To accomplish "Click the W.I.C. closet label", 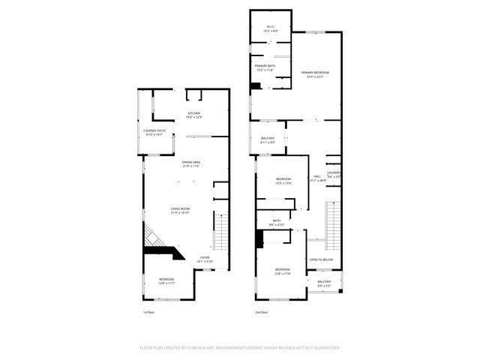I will pyautogui.click(x=271, y=28).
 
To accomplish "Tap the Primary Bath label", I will pyautogui.click(x=264, y=67).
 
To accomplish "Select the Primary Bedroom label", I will pyautogui.click(x=315, y=73).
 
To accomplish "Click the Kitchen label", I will pyautogui.click(x=195, y=115).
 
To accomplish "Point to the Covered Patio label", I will pyautogui.click(x=154, y=132).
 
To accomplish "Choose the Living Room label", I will pyautogui.click(x=180, y=211).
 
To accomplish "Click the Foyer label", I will pyautogui.click(x=205, y=259).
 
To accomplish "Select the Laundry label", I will pyautogui.click(x=334, y=174).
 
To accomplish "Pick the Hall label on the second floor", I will pyautogui.click(x=317, y=178).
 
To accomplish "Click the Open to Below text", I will pyautogui.click(x=321, y=260).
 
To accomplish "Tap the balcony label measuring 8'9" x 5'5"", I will pyautogui.click(x=324, y=283).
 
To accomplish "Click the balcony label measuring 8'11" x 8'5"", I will pyautogui.click(x=268, y=139).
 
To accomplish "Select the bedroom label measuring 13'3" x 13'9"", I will pyautogui.click(x=283, y=181).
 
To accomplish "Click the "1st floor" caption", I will pyautogui.click(x=148, y=311).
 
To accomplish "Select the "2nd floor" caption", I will pyautogui.click(x=262, y=311).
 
